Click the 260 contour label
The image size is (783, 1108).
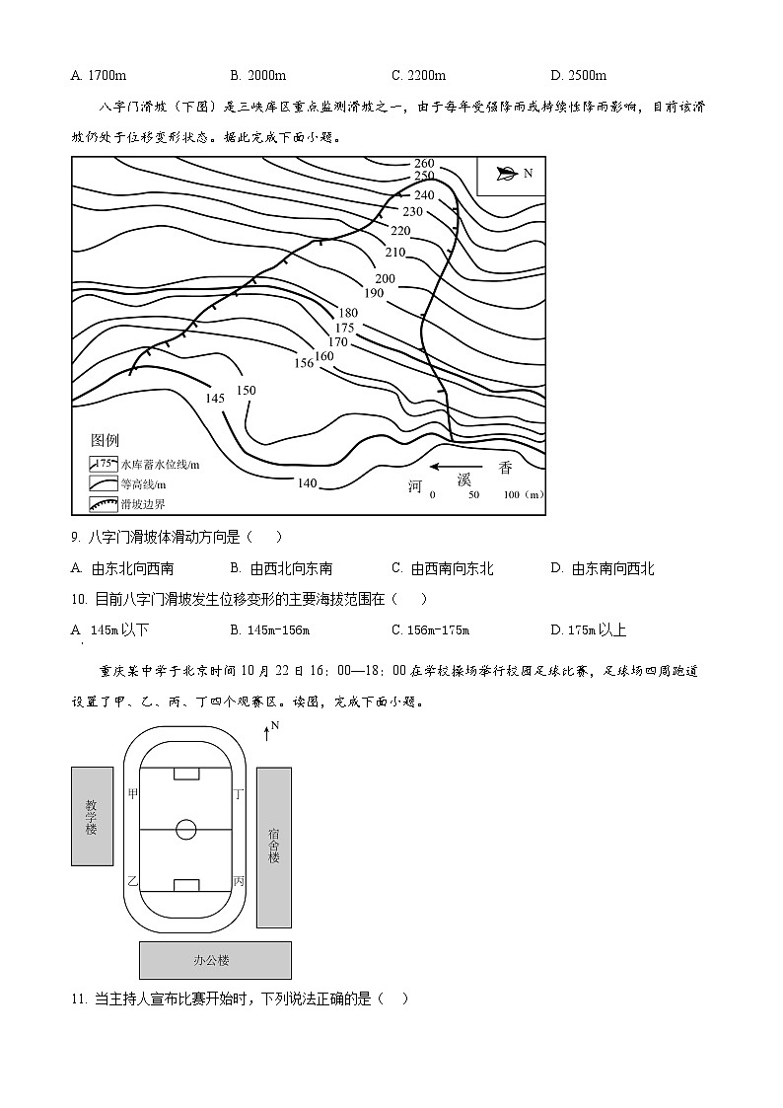click(424, 163)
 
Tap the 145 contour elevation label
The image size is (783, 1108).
click(215, 398)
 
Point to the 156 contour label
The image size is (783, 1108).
click(303, 363)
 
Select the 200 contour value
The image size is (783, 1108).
click(385, 279)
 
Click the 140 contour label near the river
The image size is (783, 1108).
click(307, 482)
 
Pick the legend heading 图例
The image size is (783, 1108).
click(105, 440)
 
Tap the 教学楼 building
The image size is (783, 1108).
click(92, 816)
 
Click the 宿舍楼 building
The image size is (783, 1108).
click(273, 847)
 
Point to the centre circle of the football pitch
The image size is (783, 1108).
click(186, 830)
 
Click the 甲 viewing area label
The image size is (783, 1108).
click(133, 793)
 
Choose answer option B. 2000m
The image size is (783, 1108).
click(257, 75)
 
